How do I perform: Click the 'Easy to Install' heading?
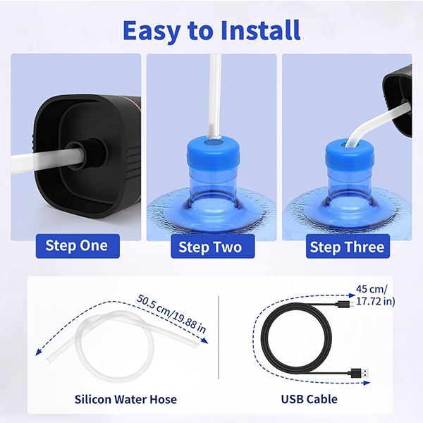coord(211,30)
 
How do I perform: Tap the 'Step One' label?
coord(78,246)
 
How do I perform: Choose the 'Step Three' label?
coord(348,246)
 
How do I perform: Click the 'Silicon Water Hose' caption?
coord(125,399)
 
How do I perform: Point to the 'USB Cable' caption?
coord(309,399)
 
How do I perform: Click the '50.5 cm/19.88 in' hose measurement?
coord(171,314)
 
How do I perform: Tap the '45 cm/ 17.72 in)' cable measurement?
coord(375,295)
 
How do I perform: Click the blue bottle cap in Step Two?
coord(213,152)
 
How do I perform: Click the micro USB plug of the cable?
coord(346,305)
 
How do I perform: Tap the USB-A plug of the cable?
coord(360,374)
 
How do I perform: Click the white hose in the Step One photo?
coord(47,161)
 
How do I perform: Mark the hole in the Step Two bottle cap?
coord(213,142)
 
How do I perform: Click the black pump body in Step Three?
coord(398,100)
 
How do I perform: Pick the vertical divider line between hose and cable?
coord(219,337)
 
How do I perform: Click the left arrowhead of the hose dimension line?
coord(38,352)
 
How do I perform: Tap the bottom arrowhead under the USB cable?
coord(367,383)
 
